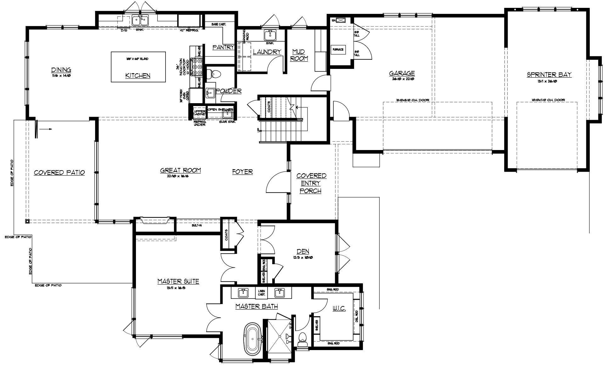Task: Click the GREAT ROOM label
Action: click(x=181, y=170)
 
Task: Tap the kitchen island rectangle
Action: click(x=138, y=67)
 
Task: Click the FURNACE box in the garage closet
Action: click(x=338, y=49)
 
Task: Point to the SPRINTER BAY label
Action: click(x=549, y=75)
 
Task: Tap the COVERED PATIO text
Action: click(x=59, y=173)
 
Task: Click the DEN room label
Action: click(x=303, y=251)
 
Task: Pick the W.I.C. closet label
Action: click(x=339, y=309)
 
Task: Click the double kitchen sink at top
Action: click(x=140, y=21)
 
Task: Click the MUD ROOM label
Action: click(x=299, y=55)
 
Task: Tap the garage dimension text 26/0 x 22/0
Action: click(x=402, y=79)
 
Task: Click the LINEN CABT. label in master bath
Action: click(x=262, y=293)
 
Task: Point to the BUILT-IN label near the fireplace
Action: click(x=197, y=226)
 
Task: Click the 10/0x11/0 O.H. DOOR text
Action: click(x=548, y=100)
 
